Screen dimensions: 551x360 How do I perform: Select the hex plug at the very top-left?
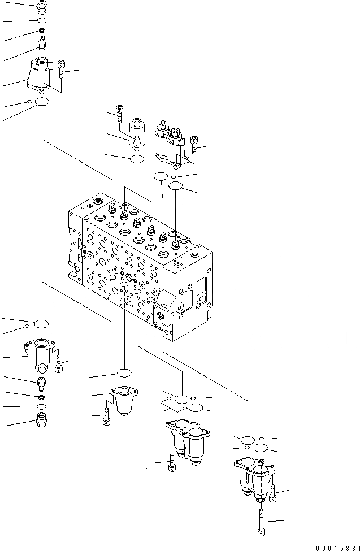41,7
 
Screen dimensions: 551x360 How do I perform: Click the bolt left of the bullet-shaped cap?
119,114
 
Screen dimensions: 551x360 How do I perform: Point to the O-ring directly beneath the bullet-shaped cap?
137,159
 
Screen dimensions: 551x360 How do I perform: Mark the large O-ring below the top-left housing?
42,102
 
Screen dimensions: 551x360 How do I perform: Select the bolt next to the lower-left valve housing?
59,362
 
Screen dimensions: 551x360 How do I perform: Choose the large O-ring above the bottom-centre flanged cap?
124,372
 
